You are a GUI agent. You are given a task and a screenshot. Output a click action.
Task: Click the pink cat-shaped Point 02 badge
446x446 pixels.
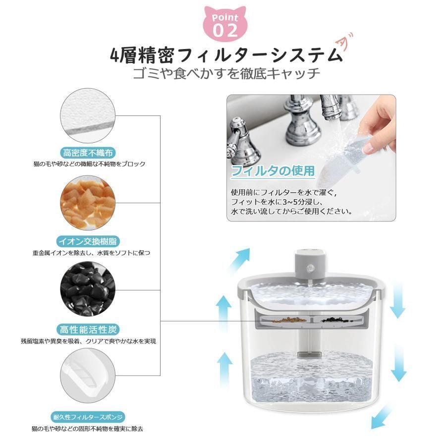[x=225, y=24]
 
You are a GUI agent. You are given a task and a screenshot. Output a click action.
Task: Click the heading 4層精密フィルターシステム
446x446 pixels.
[x=225, y=54]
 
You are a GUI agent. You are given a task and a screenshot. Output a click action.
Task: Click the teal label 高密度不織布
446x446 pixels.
[x=88, y=152]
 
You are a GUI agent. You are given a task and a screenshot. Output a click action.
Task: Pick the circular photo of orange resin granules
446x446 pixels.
[x=88, y=203]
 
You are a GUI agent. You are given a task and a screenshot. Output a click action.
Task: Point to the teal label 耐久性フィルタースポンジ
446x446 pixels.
[x=88, y=416]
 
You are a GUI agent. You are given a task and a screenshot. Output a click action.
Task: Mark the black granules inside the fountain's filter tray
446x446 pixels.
[x=330, y=320]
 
